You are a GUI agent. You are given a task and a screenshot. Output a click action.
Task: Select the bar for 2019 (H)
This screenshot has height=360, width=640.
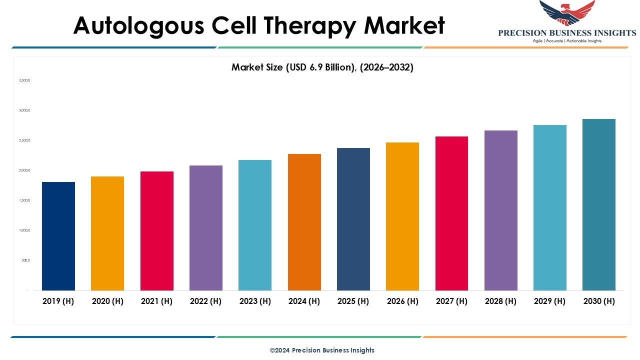pos(58,236)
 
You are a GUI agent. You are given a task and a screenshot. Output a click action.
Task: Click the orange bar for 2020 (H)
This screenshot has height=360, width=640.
pos(107,233)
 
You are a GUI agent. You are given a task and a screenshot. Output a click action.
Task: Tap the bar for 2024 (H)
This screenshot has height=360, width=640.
pos(304,222)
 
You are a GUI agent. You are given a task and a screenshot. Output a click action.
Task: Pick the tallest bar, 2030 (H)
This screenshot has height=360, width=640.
pos(599,204)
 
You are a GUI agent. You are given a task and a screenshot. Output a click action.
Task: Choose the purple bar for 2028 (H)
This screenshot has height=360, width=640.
pos(501,210)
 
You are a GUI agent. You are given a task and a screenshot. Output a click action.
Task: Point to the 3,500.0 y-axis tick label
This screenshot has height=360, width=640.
pos(24,80)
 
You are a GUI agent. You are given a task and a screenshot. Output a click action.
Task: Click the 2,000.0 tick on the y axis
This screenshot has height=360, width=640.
pos(24,170)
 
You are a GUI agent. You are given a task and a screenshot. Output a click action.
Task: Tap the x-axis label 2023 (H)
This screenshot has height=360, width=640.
pos(255,301)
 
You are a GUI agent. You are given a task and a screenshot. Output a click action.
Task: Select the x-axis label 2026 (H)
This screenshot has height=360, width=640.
pos(402,301)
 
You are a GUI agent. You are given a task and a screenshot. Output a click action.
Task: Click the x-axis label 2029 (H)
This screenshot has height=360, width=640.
pos(550,301)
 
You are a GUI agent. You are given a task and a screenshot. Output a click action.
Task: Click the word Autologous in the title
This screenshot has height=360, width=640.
pos(138,26)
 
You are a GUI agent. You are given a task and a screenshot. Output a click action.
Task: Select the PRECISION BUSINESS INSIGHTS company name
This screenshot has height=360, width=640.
pos(567,33)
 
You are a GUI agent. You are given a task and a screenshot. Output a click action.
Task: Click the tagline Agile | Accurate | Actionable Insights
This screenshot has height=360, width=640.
pos(567,41)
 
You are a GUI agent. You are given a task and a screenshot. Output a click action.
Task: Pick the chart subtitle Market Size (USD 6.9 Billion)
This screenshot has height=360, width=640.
pos(322,67)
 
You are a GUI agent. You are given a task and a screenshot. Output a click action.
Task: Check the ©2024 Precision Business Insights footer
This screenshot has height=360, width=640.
pos(322,350)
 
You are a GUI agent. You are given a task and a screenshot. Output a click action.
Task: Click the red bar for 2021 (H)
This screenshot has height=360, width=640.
pos(157,231)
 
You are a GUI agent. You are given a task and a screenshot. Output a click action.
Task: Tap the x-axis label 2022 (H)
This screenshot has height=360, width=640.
pos(206,301)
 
